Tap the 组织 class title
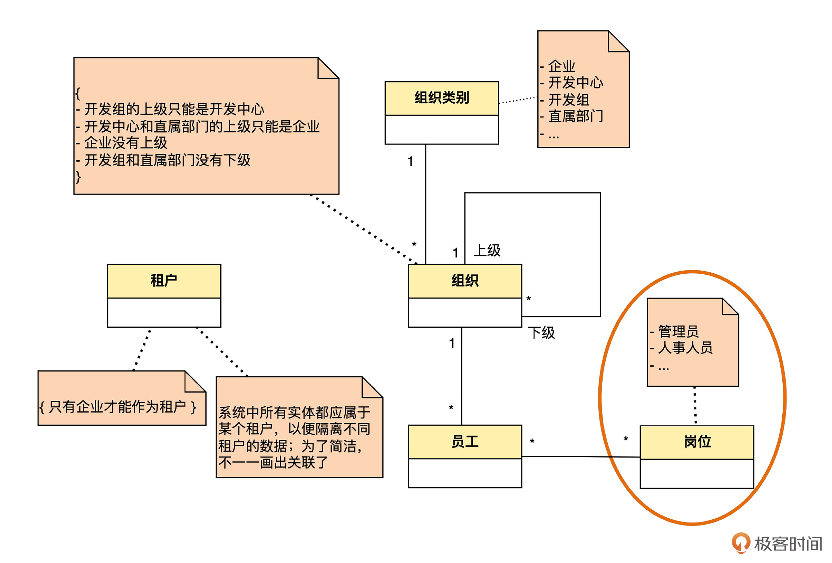[465, 280]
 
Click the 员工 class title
[465, 441]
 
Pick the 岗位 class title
[697, 442]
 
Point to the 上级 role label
[487, 250]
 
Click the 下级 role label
[541, 333]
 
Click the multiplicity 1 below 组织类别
[410, 162]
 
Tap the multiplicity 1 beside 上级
[455, 253]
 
